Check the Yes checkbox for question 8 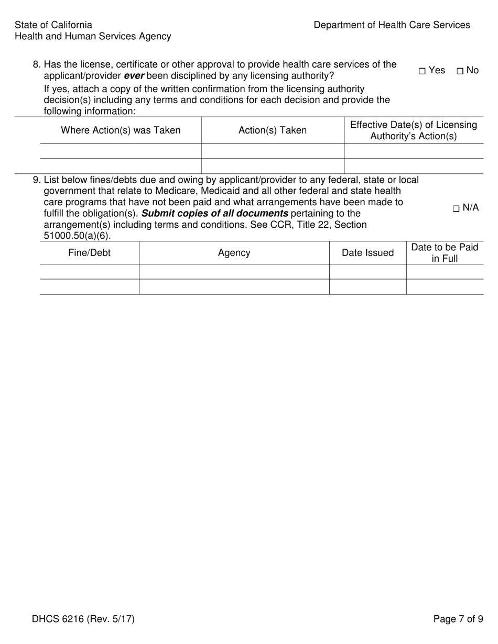coord(422,71)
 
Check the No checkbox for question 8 coord(460,71)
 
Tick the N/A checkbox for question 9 coord(456,208)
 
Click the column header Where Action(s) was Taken coord(121,130)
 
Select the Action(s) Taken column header coord(273,130)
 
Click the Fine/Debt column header coord(90,253)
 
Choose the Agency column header coord(234,253)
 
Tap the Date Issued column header coord(367,253)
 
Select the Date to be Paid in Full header coord(445,253)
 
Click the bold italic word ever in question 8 coord(134,76)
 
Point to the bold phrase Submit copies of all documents coord(215,214)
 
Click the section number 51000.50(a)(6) coord(77,236)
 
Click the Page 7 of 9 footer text coord(458,619)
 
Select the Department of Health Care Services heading coord(392,25)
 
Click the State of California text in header coord(53,25)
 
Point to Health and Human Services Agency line coord(93,37)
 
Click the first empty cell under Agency coord(234,272)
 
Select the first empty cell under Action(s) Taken coord(273,151)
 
